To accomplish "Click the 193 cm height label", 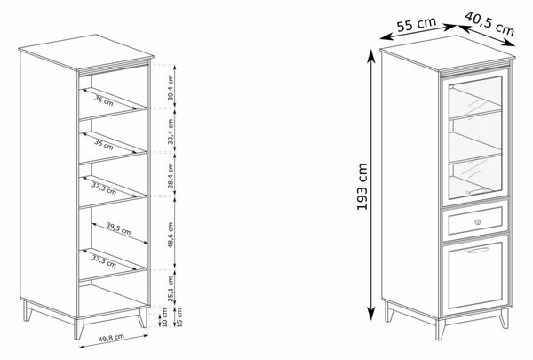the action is click(362, 187).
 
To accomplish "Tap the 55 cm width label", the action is click(417, 23).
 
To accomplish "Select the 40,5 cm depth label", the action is click(489, 23).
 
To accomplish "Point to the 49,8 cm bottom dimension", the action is click(111, 338).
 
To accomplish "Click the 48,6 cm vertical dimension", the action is click(171, 236).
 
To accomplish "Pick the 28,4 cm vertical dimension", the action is click(171, 176).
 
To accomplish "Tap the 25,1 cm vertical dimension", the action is click(171, 289).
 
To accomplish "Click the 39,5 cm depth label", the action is click(118, 228).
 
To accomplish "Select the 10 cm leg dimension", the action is click(165, 318).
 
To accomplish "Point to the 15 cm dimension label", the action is click(179, 317).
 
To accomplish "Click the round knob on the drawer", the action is click(477, 222).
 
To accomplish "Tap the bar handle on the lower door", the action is click(478, 251).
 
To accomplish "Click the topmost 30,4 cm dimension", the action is click(171, 88).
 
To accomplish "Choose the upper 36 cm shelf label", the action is click(104, 101).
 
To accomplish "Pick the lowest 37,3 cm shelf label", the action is click(104, 261).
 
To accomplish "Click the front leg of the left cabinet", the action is click(79, 329).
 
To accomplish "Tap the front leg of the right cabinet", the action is click(441, 330).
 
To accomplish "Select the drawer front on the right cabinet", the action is click(475, 220).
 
